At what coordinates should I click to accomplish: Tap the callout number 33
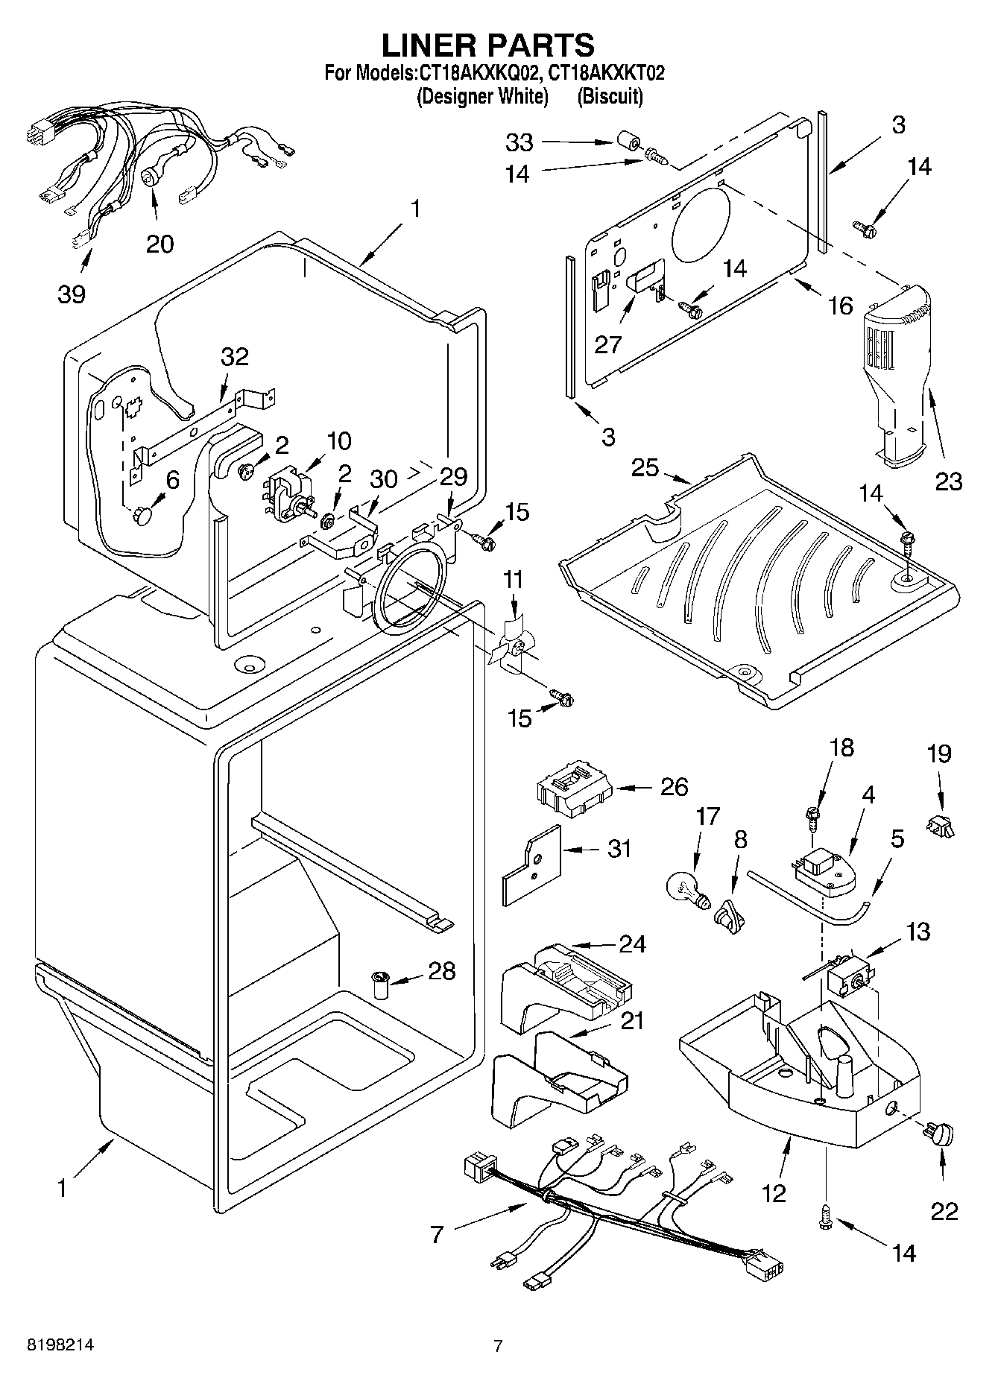519,142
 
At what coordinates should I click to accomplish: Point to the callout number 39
72,294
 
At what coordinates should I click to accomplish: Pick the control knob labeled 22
941,1135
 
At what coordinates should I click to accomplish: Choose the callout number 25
645,467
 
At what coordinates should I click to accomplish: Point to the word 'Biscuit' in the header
610,96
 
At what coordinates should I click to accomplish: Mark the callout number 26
674,786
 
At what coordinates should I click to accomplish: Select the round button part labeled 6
142,515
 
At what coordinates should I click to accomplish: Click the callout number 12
774,1194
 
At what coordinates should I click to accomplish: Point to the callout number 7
437,1234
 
